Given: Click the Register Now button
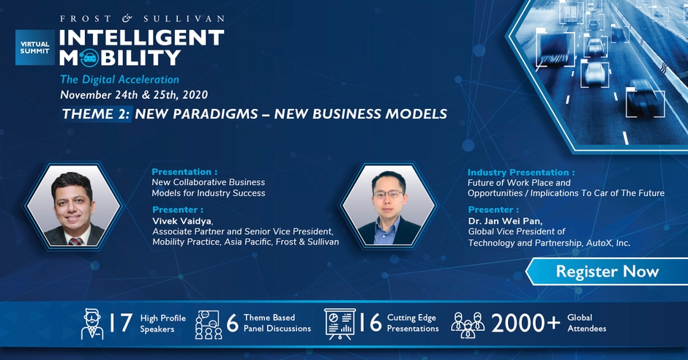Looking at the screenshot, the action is pyautogui.click(x=607, y=271).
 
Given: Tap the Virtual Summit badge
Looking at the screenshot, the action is pyautogui.click(x=35, y=48).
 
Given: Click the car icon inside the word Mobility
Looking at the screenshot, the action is pyautogui.click(x=89, y=58).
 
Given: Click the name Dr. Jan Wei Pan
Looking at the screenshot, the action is pyautogui.click(x=505, y=220).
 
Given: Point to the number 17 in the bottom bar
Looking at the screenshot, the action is pyautogui.click(x=120, y=323).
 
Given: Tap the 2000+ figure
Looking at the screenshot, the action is pyautogui.click(x=526, y=323).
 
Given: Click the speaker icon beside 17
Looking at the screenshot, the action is pyautogui.click(x=92, y=324).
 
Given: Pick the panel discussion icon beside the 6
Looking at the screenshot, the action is pyautogui.click(x=209, y=324).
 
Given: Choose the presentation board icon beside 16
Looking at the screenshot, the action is pyautogui.click(x=340, y=324).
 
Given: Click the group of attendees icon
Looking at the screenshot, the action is pyautogui.click(x=468, y=325).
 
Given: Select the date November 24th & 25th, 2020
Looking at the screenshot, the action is pyautogui.click(x=134, y=94).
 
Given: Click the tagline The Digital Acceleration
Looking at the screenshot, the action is pyautogui.click(x=120, y=79).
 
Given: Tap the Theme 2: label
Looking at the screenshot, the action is pyautogui.click(x=96, y=114).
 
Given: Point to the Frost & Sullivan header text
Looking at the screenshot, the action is pyautogui.click(x=142, y=18).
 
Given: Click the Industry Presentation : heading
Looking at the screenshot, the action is pyautogui.click(x=521, y=173).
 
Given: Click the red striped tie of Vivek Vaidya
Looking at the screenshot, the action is pyautogui.click(x=75, y=241).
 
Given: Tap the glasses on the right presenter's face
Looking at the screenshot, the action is pyautogui.click(x=388, y=193).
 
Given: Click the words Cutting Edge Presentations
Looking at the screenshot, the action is pyautogui.click(x=413, y=323).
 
